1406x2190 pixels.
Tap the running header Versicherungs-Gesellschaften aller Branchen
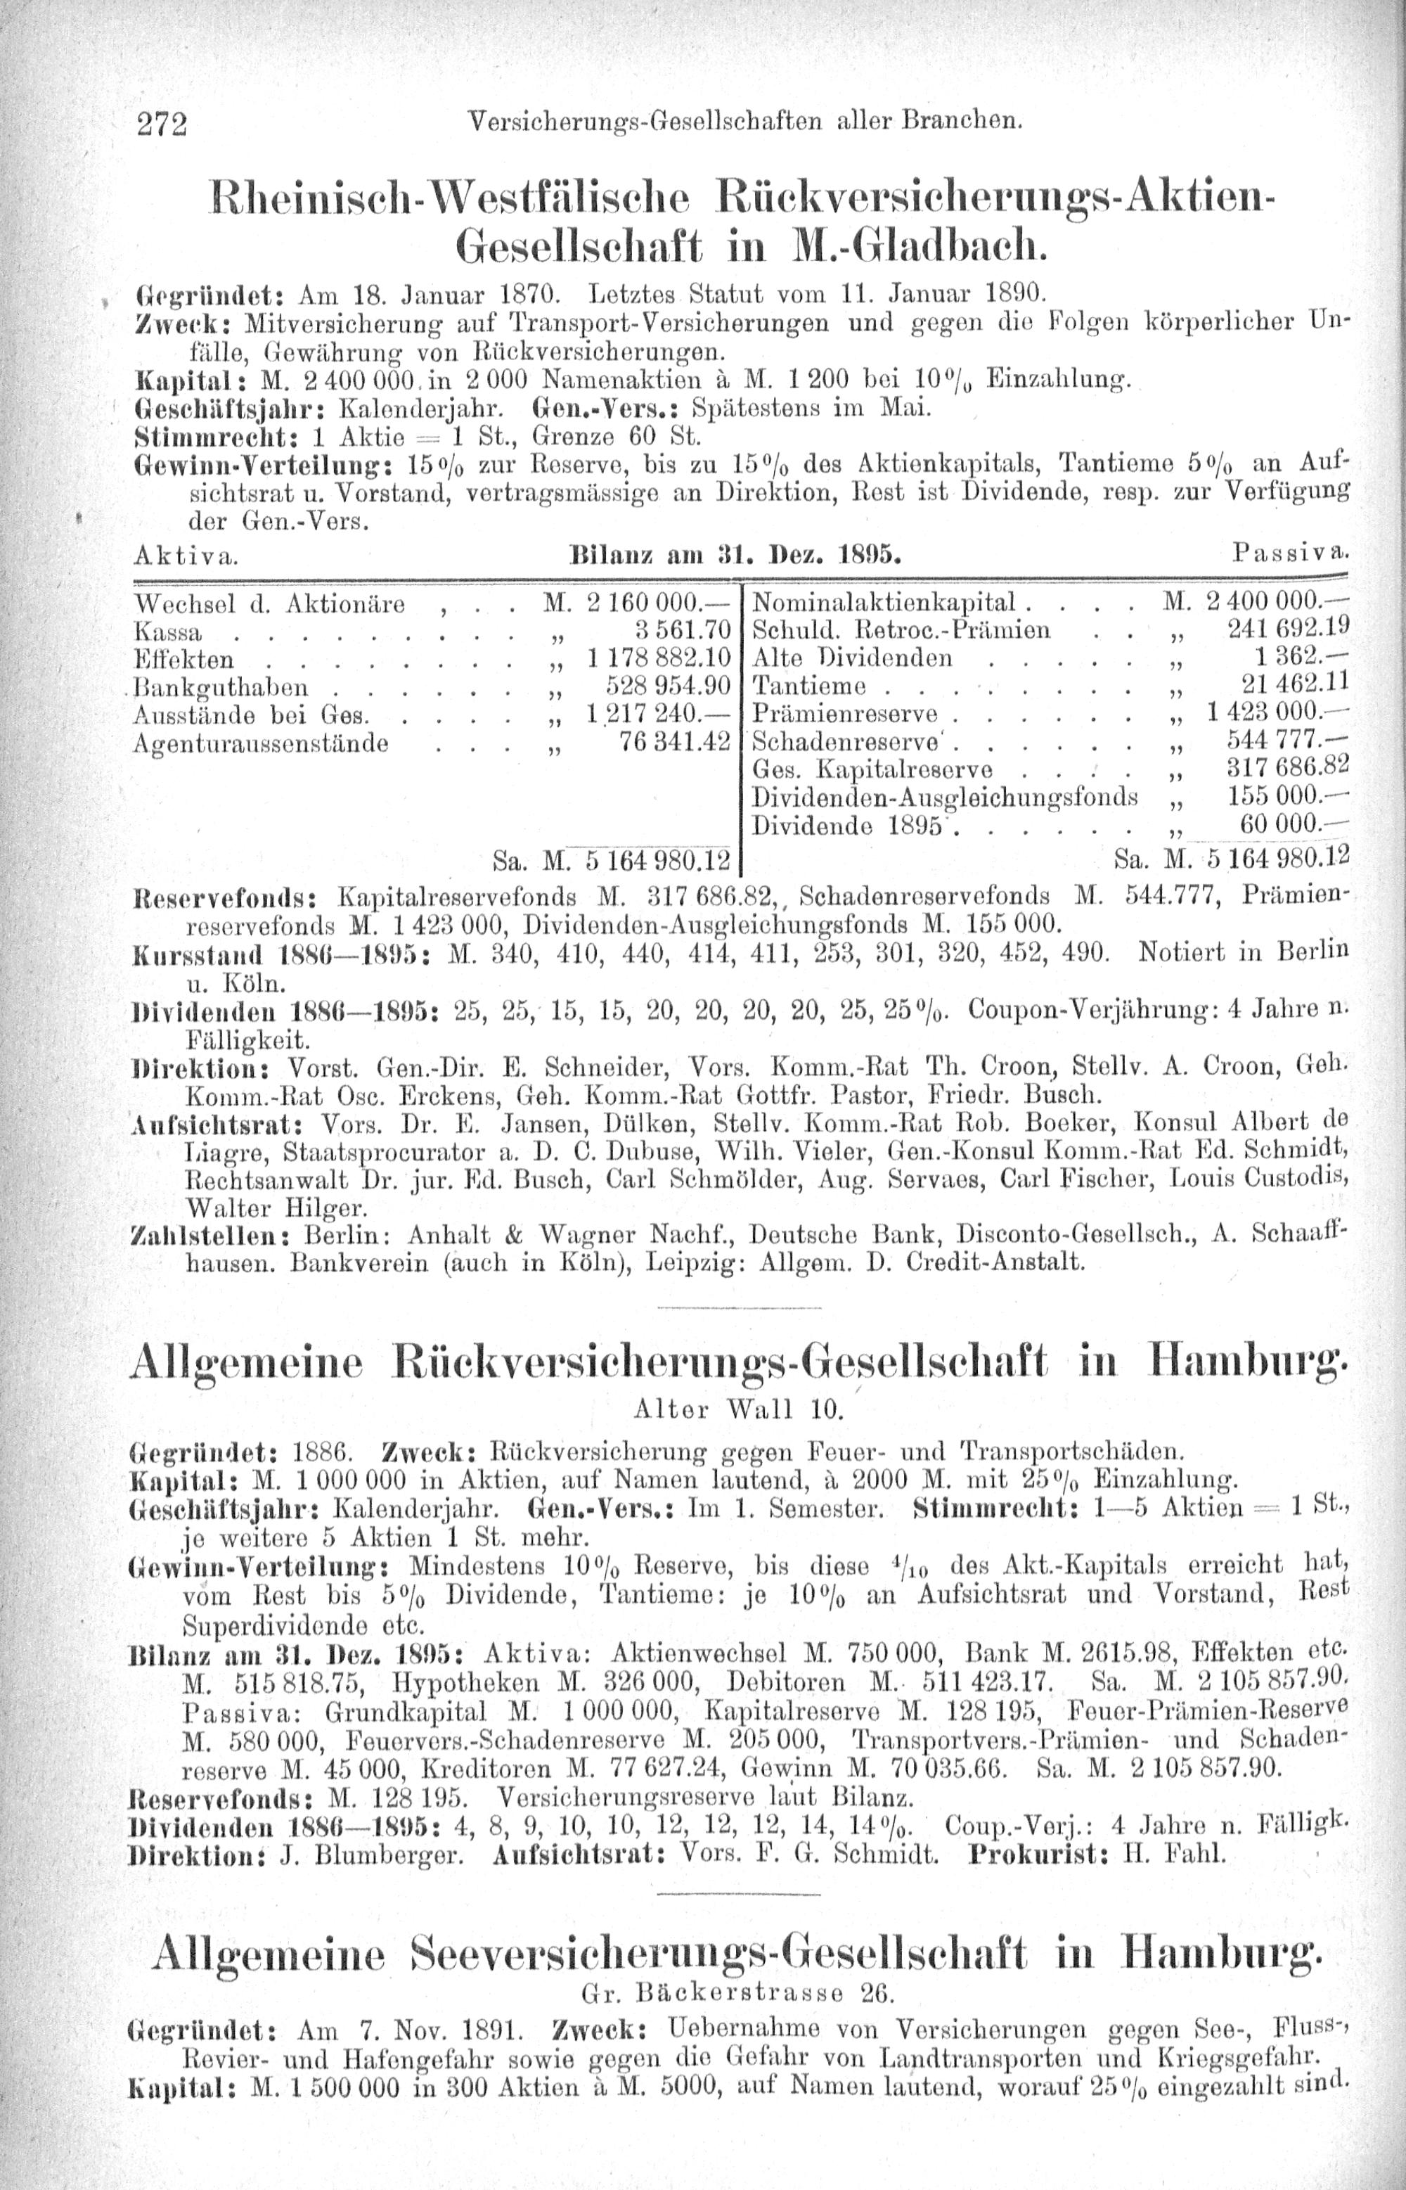coord(742,120)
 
